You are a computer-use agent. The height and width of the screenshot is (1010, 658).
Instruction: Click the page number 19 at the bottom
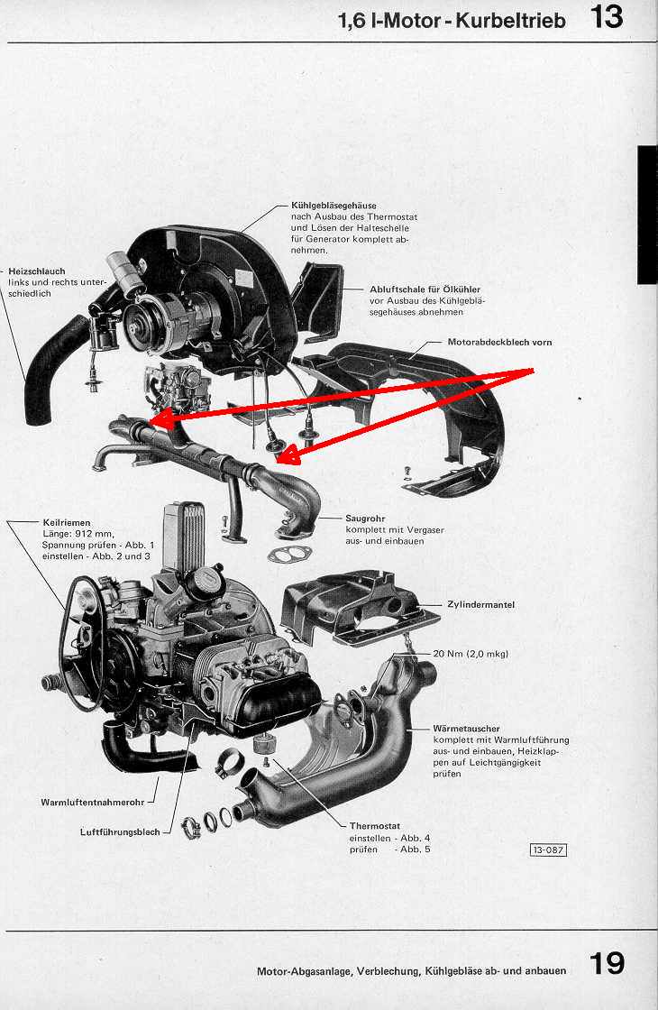607,963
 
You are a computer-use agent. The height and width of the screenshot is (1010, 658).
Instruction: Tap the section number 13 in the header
607,17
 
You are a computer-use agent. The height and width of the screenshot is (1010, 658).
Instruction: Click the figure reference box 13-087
549,849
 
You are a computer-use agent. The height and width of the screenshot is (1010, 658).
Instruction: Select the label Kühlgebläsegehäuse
334,206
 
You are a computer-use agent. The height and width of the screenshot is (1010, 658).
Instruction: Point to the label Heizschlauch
37,271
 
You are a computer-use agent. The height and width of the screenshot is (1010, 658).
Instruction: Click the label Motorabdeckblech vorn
499,342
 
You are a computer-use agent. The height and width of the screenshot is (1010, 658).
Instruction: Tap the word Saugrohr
365,518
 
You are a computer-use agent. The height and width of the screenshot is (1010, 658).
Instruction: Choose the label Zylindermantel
481,604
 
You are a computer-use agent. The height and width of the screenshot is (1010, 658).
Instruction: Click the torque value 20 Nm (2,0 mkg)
471,653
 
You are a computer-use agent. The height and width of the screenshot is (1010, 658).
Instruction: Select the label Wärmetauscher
466,729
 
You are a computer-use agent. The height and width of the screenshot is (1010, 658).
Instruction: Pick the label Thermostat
375,826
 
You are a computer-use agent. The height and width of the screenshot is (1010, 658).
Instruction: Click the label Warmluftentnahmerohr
94,802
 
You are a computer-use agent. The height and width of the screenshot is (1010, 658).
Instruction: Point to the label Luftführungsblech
120,831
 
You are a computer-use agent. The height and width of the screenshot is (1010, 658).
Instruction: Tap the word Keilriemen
67,522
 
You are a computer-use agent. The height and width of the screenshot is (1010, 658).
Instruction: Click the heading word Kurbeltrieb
510,21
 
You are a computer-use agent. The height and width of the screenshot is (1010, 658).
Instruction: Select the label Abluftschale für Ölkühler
425,289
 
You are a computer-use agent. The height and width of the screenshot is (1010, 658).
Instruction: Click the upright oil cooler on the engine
184,537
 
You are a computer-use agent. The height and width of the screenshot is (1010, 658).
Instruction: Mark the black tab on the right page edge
647,215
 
